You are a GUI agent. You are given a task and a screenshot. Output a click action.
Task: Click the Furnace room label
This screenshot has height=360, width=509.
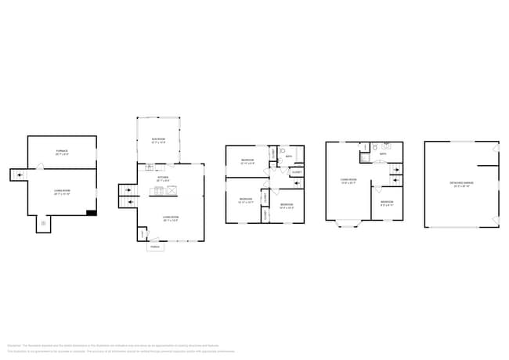coord(62,152)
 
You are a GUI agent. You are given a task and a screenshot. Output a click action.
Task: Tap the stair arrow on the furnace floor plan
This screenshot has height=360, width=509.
coord(17,175)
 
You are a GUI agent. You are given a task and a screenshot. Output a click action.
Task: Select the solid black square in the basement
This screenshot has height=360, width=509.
coord(92,211)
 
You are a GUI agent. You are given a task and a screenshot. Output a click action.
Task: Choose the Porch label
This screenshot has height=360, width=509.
coord(156,247)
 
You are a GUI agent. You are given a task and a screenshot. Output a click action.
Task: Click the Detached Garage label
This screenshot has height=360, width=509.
coord(462,185)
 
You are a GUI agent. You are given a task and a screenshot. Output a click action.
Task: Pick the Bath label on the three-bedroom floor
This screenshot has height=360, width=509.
coord(288,157)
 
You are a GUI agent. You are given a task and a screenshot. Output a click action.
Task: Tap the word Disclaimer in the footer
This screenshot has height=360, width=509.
coord(14,345)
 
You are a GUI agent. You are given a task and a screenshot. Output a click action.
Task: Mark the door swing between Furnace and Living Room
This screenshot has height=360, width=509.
coord(41,166)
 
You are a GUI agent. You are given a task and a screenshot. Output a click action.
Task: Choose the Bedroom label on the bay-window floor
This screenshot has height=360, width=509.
coord(387,203)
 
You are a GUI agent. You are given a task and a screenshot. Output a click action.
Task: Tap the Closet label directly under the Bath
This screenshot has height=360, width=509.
coord(297,173)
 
